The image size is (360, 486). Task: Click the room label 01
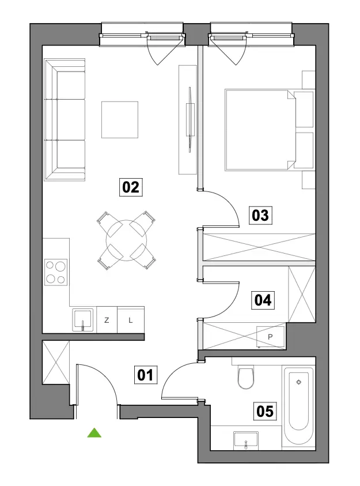tap(145, 375)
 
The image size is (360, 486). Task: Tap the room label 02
tap(131, 187)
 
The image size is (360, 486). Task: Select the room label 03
tap(260, 216)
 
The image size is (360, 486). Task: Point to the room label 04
tap(263, 300)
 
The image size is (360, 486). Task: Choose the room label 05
tap(265, 411)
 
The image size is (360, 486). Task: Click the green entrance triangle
tap(94, 433)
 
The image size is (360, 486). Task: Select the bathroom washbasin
tap(246, 440)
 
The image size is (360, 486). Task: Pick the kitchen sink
tap(82, 320)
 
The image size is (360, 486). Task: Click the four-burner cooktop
tap(56, 272)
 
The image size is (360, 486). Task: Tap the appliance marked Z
tap(107, 320)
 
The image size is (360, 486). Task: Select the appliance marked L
tap(131, 320)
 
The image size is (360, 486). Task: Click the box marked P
tap(270, 337)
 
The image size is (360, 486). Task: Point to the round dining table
tap(126, 240)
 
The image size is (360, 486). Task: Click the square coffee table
tap(120, 120)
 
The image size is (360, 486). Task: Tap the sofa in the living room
tap(65, 120)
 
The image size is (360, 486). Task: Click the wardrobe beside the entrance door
tap(56, 362)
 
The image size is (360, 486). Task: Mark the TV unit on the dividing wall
tap(188, 120)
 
